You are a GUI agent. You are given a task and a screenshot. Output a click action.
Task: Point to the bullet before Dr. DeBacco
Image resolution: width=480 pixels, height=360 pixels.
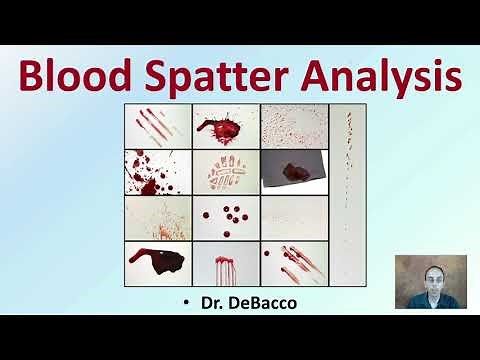(x=186, y=300)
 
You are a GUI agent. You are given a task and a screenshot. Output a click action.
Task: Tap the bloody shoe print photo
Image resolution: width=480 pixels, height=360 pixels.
(x=225, y=172)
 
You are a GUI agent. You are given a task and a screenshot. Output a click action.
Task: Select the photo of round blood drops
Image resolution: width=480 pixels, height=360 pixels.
(x=225, y=217)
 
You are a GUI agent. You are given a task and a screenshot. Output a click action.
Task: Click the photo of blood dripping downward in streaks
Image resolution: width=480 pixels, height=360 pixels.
(x=225, y=264)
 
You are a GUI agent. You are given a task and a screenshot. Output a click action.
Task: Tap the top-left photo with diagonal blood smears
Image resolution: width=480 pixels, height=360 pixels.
(x=157, y=126)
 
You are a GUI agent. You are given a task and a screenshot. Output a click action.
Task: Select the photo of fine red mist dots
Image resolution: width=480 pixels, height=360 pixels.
(x=293, y=126)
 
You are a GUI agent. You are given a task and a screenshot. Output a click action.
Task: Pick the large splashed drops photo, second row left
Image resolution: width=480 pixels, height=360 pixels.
(x=157, y=172)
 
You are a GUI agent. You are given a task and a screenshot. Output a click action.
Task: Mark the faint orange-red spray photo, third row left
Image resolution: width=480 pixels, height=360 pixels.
(x=157, y=217)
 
